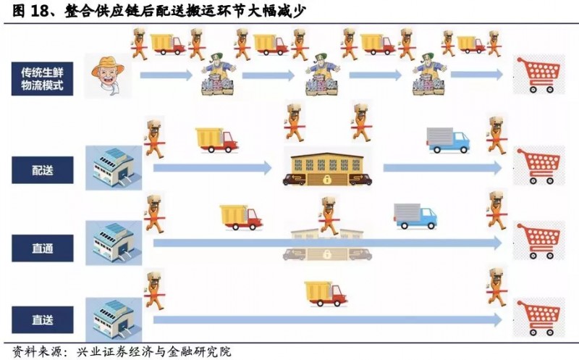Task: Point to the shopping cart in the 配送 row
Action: click(x=538, y=167)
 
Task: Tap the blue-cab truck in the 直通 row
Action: click(x=415, y=216)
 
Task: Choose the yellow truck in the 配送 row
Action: click(x=216, y=139)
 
